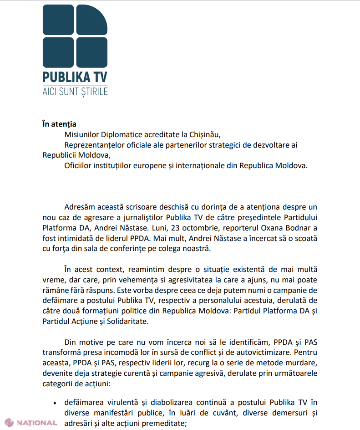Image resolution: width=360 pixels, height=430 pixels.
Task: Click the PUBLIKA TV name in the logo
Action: [x=75, y=76]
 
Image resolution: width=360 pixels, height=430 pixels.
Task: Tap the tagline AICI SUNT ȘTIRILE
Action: [x=75, y=91]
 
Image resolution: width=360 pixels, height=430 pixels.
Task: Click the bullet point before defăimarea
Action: [x=55, y=404]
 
